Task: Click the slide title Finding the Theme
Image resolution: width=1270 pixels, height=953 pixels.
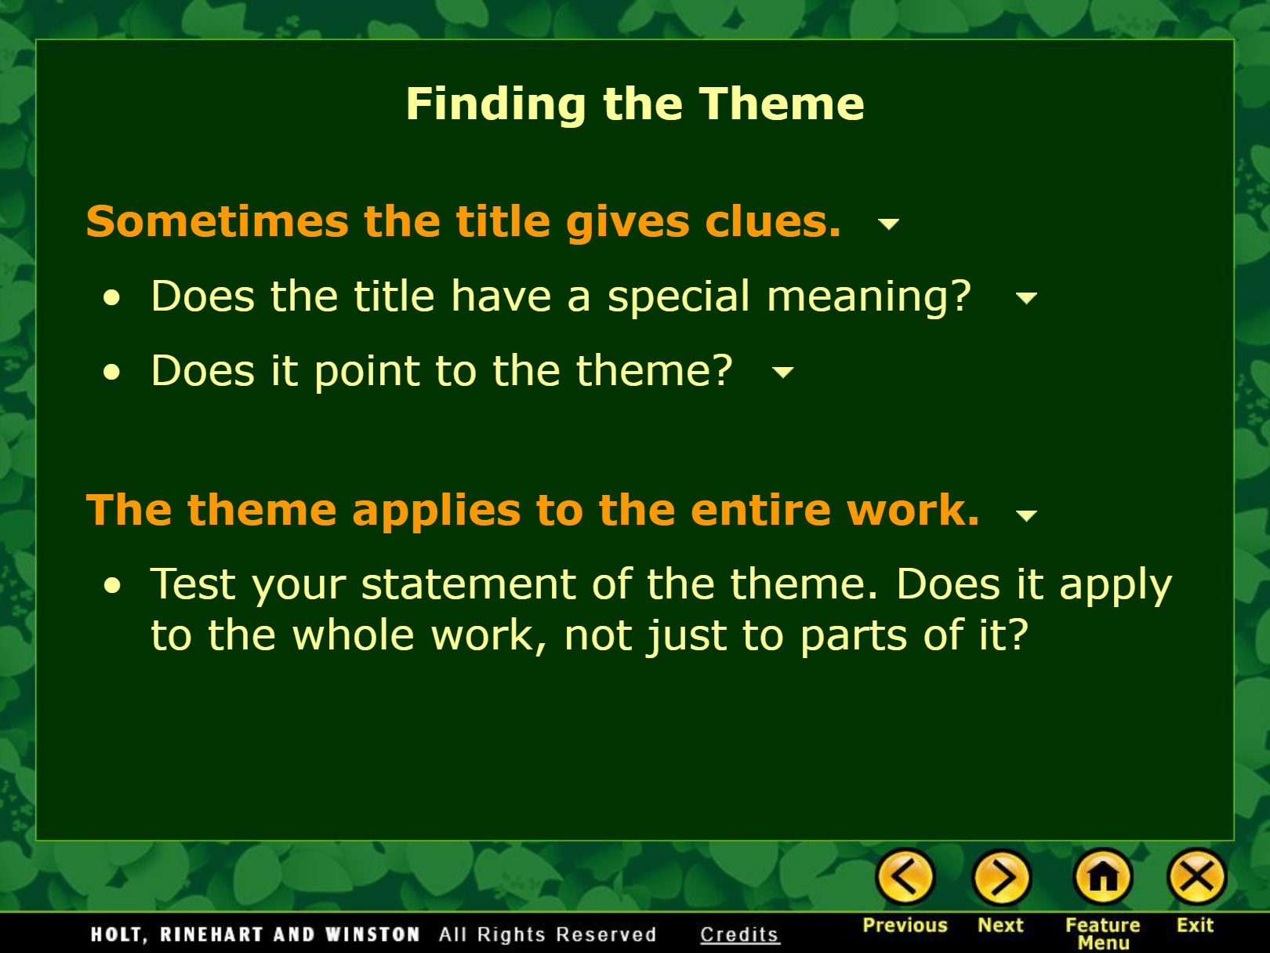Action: pyautogui.click(x=635, y=104)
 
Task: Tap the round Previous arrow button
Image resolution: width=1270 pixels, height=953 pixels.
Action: pyautogui.click(x=905, y=877)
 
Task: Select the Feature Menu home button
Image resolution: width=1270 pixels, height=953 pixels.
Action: pyautogui.click(x=1103, y=877)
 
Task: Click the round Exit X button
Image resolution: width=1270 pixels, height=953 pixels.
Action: pyautogui.click(x=1196, y=877)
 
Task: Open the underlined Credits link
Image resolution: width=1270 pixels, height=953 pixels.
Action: pyautogui.click(x=739, y=934)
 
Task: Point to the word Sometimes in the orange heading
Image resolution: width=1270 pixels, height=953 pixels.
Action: pyautogui.click(x=217, y=222)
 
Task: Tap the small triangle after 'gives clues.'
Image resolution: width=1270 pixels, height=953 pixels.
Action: pyautogui.click(x=888, y=224)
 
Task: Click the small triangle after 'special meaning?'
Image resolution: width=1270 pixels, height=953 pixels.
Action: pyautogui.click(x=1026, y=298)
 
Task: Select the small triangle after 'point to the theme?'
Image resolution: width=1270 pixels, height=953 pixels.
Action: pyautogui.click(x=783, y=372)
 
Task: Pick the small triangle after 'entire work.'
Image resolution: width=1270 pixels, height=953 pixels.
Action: pyautogui.click(x=1026, y=515)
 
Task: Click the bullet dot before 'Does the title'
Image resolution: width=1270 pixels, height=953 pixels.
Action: pyautogui.click(x=112, y=298)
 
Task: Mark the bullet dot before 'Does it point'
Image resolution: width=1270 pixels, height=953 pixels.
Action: pyautogui.click(x=112, y=372)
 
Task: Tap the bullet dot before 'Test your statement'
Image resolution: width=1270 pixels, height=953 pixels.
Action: pyautogui.click(x=112, y=585)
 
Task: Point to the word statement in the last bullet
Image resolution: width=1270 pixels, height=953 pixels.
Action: pyautogui.click(x=468, y=584)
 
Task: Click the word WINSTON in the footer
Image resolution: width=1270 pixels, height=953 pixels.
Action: pyautogui.click(x=372, y=934)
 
